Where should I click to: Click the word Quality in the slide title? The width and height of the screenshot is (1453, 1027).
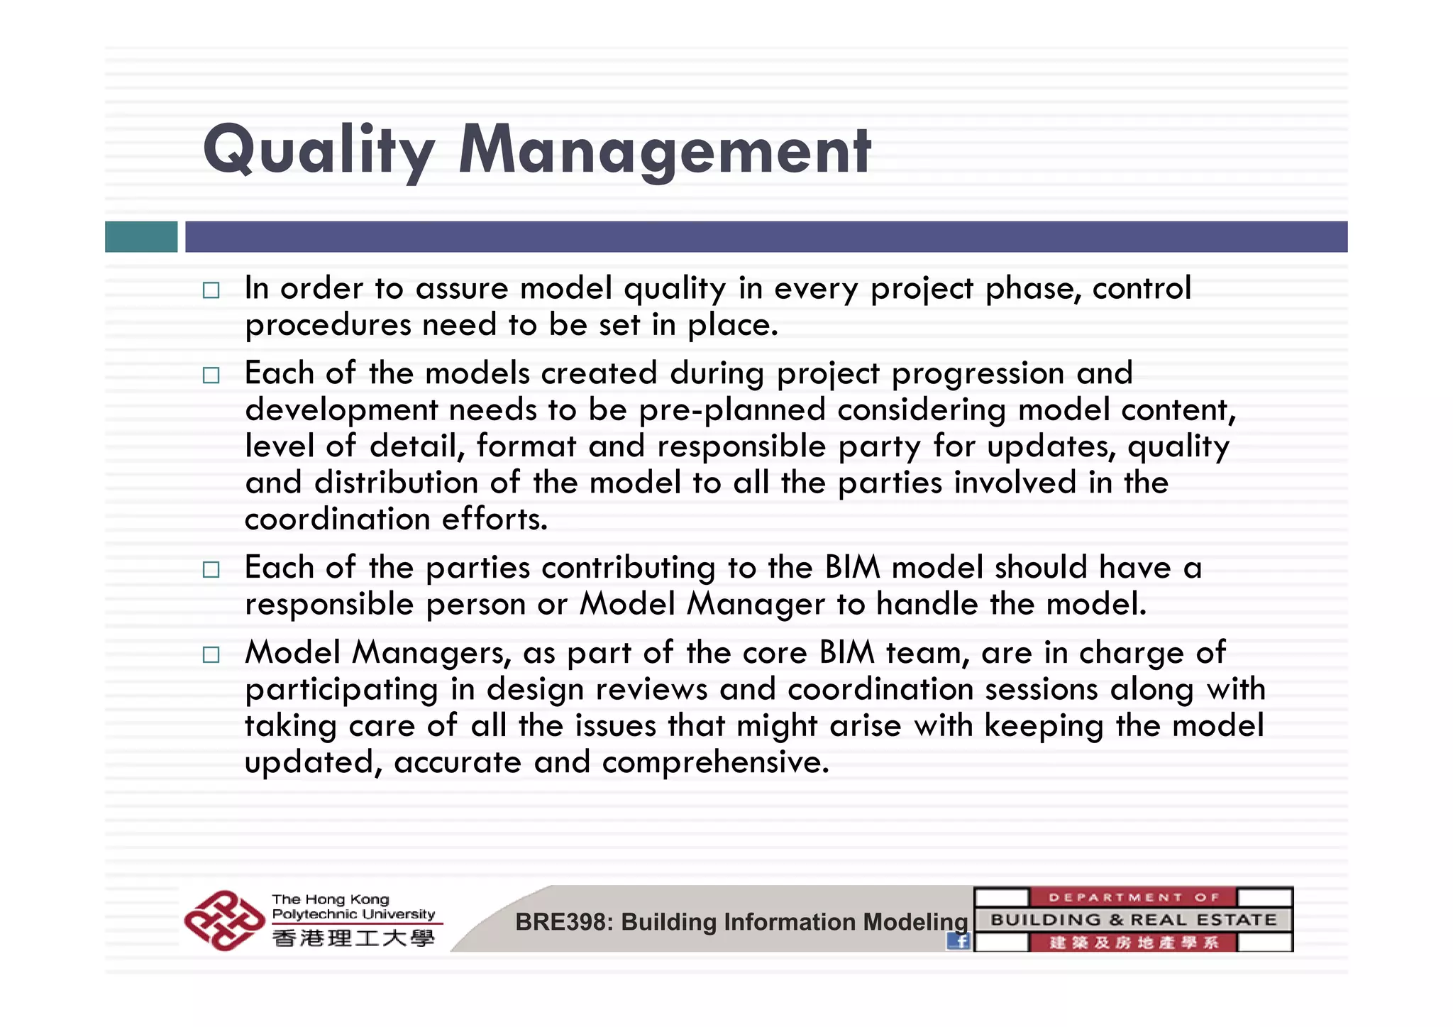point(318,150)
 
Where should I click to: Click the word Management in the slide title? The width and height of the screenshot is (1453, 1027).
point(664,150)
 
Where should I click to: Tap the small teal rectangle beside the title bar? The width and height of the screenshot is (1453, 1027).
point(141,236)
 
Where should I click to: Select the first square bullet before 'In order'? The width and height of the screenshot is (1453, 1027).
point(211,290)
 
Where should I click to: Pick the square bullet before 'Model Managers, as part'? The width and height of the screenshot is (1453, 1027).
point(211,654)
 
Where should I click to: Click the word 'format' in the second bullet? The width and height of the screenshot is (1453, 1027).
point(526,446)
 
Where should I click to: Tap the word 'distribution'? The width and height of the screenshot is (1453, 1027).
point(396,483)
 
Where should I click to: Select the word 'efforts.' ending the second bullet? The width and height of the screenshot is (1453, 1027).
point(495,519)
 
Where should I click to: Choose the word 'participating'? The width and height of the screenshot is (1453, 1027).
point(341,690)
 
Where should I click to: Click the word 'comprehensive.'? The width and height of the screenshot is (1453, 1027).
point(715,763)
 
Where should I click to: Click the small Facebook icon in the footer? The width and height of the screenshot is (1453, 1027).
point(958,941)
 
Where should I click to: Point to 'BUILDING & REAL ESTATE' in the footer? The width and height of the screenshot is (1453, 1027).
point(1133,920)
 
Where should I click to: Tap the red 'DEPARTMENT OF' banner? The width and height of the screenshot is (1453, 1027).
point(1133,897)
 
